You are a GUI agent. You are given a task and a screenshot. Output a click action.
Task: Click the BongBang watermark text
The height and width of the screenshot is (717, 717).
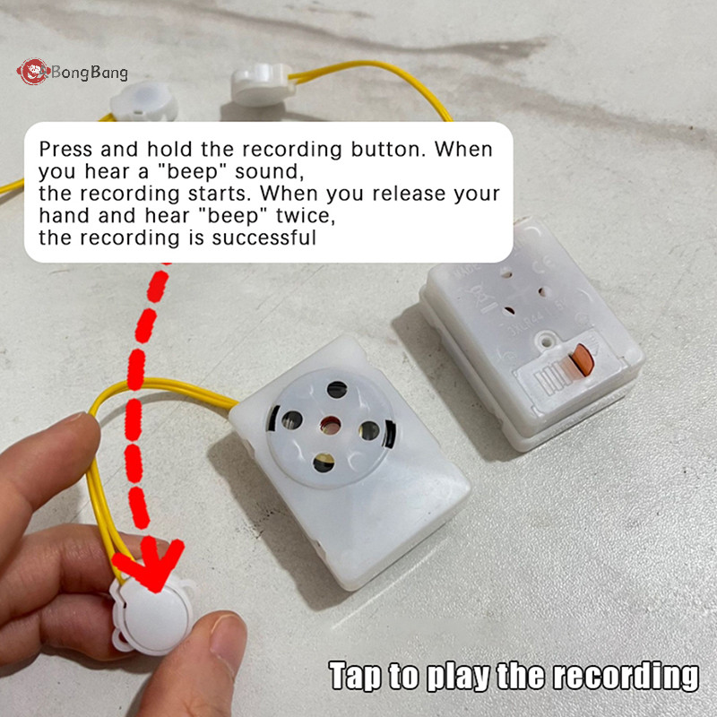[x=89, y=73]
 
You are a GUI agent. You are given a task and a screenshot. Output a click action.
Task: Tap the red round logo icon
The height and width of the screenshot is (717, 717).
[x=32, y=72]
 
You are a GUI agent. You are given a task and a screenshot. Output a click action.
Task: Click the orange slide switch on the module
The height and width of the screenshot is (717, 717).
[x=583, y=360]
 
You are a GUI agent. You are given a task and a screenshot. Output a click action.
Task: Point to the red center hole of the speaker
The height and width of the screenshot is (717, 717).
[x=330, y=426]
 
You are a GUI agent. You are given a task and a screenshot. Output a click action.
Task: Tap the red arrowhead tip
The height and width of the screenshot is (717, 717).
[x=156, y=591]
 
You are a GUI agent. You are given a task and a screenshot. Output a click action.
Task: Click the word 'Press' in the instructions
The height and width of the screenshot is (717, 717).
[x=65, y=150]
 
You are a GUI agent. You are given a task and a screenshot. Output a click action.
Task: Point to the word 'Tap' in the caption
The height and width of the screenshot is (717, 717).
[x=354, y=676]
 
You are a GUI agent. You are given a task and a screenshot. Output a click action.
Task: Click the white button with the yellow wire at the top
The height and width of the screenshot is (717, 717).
[x=262, y=84]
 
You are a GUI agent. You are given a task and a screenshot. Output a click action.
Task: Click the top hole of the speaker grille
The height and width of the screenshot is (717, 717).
[x=337, y=389]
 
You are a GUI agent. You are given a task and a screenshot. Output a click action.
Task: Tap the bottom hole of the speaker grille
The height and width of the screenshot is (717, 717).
[x=324, y=463]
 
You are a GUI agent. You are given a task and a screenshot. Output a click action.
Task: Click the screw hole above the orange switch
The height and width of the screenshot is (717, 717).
[x=546, y=341]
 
